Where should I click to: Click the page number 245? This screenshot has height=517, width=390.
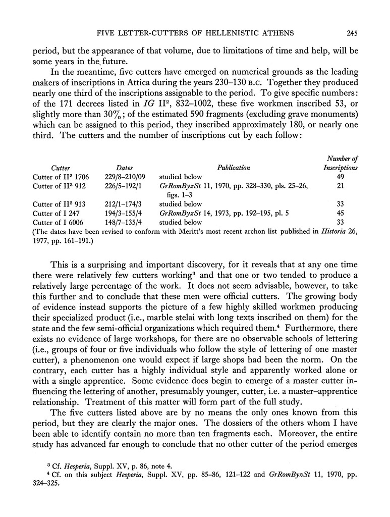(x=352, y=34)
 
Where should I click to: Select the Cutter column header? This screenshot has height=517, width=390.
(x=61, y=168)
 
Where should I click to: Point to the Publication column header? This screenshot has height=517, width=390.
(x=234, y=168)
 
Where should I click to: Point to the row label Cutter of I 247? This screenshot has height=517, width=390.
(x=55, y=214)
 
